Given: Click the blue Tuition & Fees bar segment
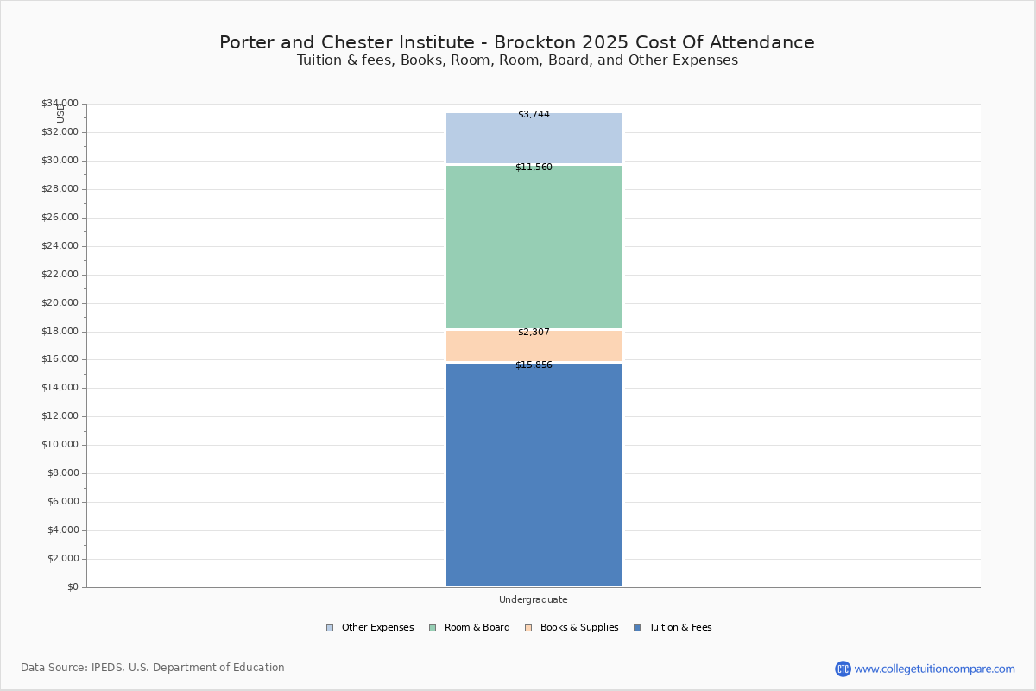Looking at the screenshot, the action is click(x=534, y=475).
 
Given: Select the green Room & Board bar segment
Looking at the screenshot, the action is click(x=534, y=247).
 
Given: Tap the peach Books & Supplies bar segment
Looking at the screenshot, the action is click(x=534, y=345).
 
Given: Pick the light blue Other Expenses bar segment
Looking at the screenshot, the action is click(x=534, y=138).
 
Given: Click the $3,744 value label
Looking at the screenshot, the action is click(x=534, y=114).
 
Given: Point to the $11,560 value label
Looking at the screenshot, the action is click(x=534, y=167).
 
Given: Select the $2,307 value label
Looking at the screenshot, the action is click(x=534, y=332).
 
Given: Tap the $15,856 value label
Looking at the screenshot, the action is click(x=534, y=365).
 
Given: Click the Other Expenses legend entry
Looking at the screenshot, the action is click(x=370, y=628).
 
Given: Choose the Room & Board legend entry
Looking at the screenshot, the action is click(x=470, y=628).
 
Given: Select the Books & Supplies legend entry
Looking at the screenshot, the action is click(x=572, y=628).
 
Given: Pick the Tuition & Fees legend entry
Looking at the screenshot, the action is click(x=673, y=628).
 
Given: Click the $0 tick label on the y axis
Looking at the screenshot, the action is click(x=73, y=586).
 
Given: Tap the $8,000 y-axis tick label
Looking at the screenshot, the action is click(x=63, y=473).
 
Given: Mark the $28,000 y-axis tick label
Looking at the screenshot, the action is click(x=60, y=189).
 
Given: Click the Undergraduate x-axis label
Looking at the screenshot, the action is click(x=534, y=599).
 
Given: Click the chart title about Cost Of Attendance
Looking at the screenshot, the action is click(x=517, y=42).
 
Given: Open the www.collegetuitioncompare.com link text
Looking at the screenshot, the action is click(x=935, y=669).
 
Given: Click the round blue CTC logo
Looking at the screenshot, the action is click(x=843, y=669).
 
